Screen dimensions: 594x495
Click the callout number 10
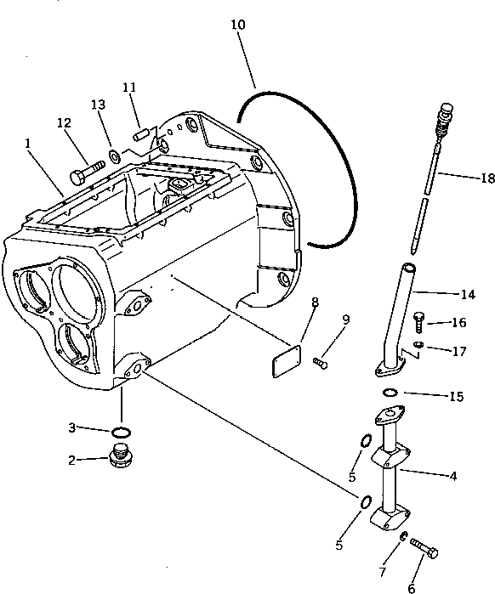click(x=238, y=25)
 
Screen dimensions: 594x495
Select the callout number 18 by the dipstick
click(x=486, y=178)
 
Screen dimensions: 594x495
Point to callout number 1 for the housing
click(x=29, y=144)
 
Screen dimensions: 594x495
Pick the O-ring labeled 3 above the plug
click(x=122, y=432)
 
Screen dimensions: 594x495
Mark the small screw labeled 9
click(x=320, y=363)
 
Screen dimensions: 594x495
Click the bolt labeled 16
click(x=418, y=320)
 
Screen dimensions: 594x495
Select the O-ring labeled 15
click(x=388, y=392)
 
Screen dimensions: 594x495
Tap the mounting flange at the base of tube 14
click(x=390, y=367)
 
